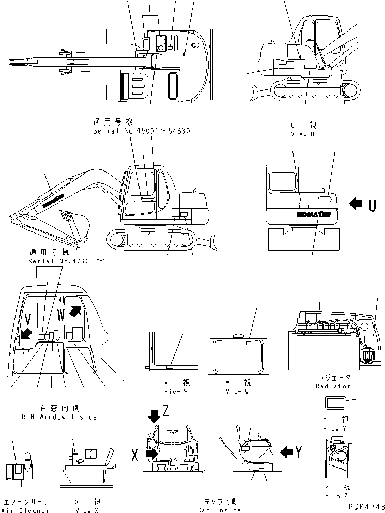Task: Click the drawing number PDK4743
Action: tap(364, 507)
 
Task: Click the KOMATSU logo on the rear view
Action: tap(314, 214)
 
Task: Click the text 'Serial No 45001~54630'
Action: tap(141, 131)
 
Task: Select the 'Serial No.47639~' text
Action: tap(66, 261)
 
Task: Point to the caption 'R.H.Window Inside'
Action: tap(59, 417)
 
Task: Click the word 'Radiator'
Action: tap(333, 386)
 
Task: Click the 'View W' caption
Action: tap(238, 391)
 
